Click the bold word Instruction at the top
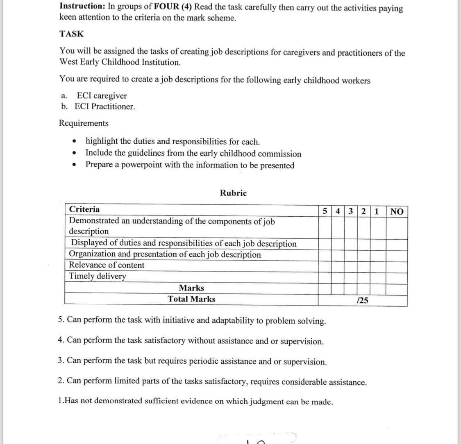click(x=82, y=7)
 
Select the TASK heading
click(x=71, y=34)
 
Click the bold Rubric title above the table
click(x=233, y=193)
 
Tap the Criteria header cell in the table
click(x=84, y=209)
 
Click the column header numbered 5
click(x=325, y=211)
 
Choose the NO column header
click(x=397, y=211)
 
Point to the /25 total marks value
click(x=363, y=300)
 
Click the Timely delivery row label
click(x=98, y=276)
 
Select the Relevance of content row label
click(x=107, y=265)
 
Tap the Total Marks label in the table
click(x=191, y=299)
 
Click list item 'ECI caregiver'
click(x=101, y=96)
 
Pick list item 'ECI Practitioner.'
click(x=104, y=106)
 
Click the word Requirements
click(x=84, y=123)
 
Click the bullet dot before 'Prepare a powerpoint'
click(x=74, y=165)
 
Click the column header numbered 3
click(x=351, y=211)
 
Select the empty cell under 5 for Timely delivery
click(x=325, y=276)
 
